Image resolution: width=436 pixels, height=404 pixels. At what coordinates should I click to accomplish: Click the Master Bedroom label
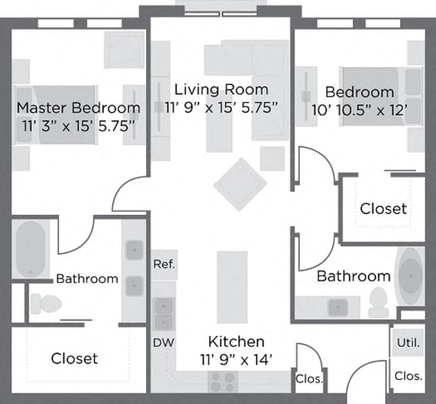tap(78, 107)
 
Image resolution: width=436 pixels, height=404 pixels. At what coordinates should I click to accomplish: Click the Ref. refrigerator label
tap(163, 264)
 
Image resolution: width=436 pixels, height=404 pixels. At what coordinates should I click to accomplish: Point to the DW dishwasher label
tap(163, 343)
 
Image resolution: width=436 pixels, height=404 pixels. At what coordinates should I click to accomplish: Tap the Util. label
tap(407, 343)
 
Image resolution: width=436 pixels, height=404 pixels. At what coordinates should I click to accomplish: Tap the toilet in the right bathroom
tap(378, 303)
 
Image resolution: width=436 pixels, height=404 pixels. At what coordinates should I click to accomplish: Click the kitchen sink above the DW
tap(163, 311)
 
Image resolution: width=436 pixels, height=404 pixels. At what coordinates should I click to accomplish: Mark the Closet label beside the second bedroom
tap(383, 208)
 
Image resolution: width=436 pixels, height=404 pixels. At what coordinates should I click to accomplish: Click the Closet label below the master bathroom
tap(74, 358)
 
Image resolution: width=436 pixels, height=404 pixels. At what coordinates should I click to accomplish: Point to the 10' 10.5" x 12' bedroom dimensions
tap(360, 109)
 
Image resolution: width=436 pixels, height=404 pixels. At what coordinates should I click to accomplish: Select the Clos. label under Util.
tap(407, 375)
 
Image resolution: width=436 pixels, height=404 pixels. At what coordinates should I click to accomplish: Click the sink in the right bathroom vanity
tap(335, 306)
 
